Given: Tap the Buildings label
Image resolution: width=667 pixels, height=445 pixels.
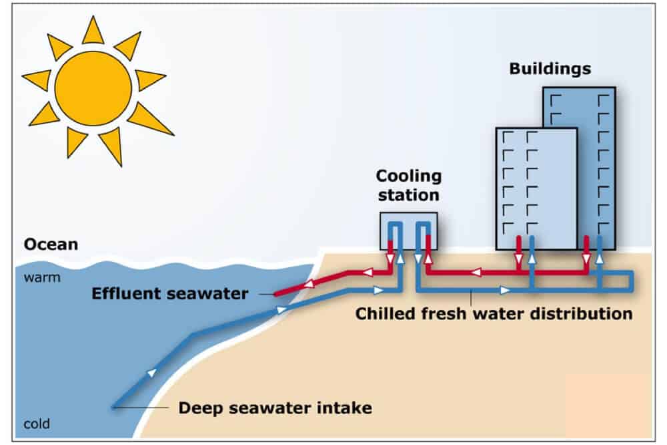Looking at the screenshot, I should [x=550, y=69].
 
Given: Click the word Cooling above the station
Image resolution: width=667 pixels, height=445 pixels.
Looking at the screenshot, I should [x=408, y=176].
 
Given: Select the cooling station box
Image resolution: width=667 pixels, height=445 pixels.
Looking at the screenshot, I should [x=408, y=231].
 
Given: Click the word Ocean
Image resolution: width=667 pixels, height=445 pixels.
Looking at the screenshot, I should [x=51, y=245].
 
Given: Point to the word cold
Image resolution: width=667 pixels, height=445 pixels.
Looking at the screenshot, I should [x=37, y=424].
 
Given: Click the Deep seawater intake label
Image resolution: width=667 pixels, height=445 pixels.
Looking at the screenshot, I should [x=275, y=407].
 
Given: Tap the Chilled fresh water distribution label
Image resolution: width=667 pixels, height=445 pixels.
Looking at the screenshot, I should [x=494, y=313].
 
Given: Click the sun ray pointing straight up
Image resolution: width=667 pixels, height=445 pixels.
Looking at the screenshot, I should [x=93, y=30].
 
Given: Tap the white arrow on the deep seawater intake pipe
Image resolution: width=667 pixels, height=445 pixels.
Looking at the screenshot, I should [x=153, y=373].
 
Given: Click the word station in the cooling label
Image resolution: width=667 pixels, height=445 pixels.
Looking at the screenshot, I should [x=408, y=196].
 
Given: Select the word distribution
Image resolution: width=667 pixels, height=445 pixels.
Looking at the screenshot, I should [x=582, y=313].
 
